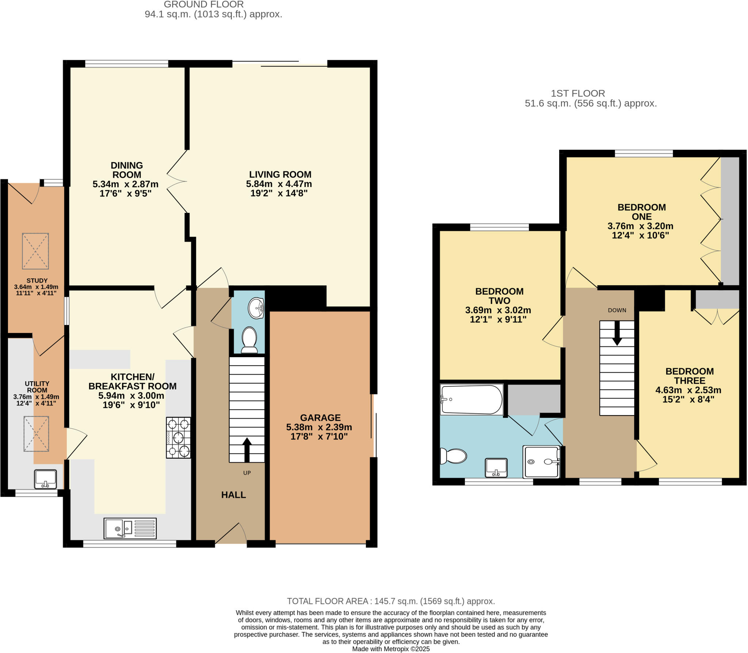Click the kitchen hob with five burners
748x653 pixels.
click(x=178, y=437)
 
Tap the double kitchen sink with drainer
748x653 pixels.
click(x=130, y=528)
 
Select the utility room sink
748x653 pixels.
click(x=45, y=479)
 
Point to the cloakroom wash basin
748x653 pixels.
click(x=256, y=308)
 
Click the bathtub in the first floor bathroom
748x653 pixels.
click(x=471, y=399)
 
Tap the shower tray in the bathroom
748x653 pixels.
click(x=541, y=462)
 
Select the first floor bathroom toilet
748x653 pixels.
click(x=454, y=456)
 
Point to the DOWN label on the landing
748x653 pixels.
click(x=617, y=310)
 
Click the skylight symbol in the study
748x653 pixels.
click(x=35, y=251)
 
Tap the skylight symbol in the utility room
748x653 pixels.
click(x=36, y=434)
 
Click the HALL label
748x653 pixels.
click(x=233, y=495)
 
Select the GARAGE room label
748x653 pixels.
click(x=320, y=417)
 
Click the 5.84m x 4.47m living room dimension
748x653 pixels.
click(x=279, y=184)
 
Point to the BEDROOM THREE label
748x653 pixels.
click(x=689, y=376)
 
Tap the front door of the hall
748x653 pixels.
click(x=231, y=534)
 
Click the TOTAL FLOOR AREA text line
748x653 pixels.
click(x=390, y=601)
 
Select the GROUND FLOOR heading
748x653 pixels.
click(x=203, y=5)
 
